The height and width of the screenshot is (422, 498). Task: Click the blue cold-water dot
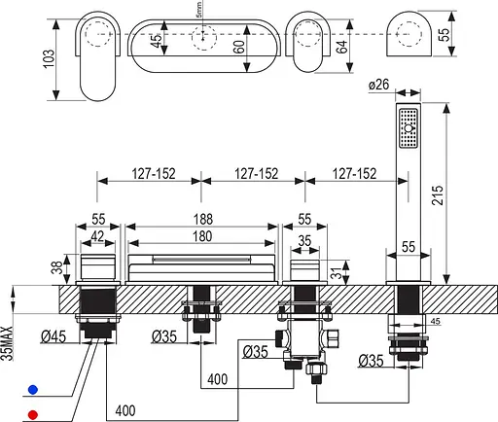33,389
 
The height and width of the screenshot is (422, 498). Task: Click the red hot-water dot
33,414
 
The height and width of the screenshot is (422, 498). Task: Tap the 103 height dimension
49,58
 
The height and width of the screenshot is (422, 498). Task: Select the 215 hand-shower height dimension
438,194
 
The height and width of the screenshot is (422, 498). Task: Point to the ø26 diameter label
378,85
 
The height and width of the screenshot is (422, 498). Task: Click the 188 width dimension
203,219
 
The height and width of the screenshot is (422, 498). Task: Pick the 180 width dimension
202,236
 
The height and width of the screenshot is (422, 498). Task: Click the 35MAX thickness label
7,343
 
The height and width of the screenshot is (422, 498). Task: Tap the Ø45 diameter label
53,336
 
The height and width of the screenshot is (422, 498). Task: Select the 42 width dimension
97,236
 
